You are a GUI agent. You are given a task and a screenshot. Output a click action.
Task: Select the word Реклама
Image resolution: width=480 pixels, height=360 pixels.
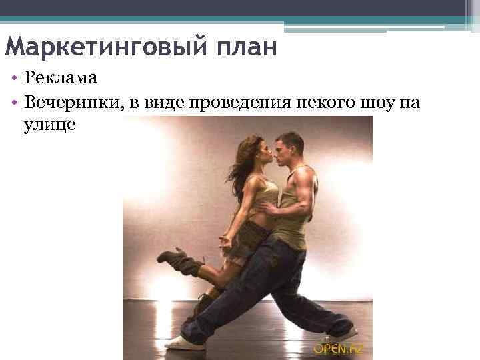[62, 77]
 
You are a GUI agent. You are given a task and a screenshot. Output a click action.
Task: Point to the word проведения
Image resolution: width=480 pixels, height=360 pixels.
[238, 102]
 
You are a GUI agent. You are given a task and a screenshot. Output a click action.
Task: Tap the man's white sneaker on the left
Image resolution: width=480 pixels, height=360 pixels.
[183, 343]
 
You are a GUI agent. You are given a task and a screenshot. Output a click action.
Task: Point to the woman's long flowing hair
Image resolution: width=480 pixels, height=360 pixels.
[240, 163]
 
